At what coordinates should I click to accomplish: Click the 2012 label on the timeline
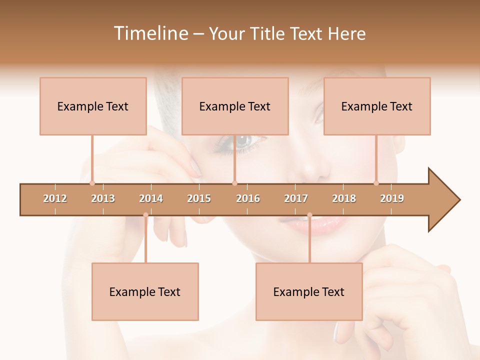tap(55, 198)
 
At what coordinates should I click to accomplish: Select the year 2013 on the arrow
tap(103, 198)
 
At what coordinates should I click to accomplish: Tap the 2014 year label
tap(151, 198)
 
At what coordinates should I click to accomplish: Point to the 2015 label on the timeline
tap(199, 198)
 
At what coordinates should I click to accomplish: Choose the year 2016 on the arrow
tap(248, 198)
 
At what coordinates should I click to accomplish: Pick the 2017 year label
tap(296, 198)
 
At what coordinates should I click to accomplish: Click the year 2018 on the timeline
tap(344, 198)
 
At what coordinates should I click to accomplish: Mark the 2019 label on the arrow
tap(392, 198)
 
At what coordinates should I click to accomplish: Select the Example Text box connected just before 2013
tap(93, 106)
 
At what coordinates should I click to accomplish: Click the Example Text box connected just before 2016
tap(235, 106)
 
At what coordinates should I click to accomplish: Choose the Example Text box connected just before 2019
tap(377, 106)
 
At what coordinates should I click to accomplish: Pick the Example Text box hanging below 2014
tap(145, 291)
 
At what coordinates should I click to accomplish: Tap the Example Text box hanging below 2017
tap(309, 291)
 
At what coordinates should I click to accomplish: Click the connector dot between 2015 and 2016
tap(234, 183)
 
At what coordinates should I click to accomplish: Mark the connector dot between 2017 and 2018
tap(309, 215)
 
